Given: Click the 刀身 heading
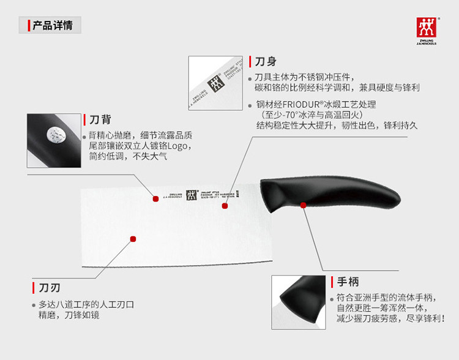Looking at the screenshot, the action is [266, 62].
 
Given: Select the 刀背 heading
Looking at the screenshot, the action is [100, 119].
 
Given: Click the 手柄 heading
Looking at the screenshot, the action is [346, 282].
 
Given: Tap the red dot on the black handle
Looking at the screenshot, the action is [304, 205].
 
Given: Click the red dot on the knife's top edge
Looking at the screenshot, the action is [155, 198].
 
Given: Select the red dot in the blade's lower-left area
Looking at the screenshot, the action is [132, 238].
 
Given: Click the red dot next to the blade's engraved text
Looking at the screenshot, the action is [225, 206].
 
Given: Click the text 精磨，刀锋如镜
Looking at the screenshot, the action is [69, 315].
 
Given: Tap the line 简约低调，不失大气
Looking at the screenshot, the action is [127, 156].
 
